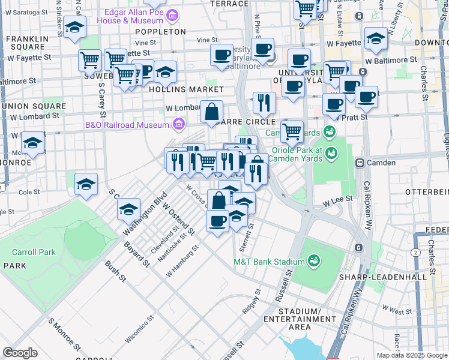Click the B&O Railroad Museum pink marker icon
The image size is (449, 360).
point(178,125)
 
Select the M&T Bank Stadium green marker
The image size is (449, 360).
point(313,261)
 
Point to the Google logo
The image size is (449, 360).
point(20,353)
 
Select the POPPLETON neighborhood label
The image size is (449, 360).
point(160,31)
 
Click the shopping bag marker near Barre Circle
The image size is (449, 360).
point(212,112)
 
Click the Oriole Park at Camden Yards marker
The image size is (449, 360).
point(330,154)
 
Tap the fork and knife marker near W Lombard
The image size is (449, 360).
point(264,103)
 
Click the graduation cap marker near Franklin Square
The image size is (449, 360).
point(74,27)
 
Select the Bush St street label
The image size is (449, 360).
point(115,271)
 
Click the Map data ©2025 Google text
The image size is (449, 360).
point(411,355)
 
